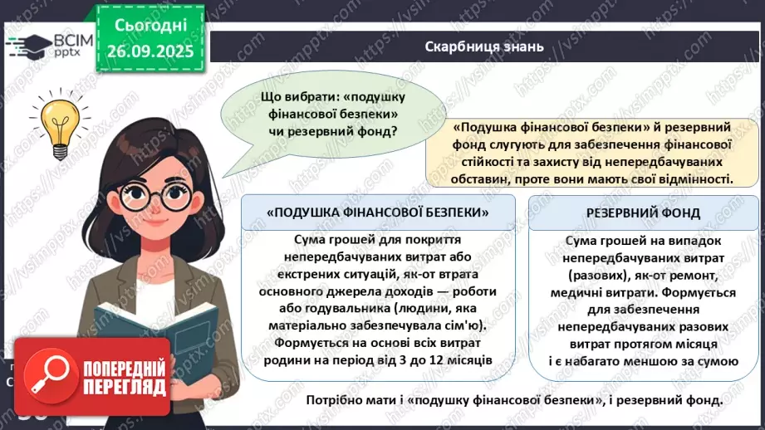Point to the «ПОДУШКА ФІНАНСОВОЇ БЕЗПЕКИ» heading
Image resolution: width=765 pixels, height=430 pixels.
(x=378, y=213)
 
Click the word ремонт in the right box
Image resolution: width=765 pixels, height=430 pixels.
(x=692, y=275)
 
